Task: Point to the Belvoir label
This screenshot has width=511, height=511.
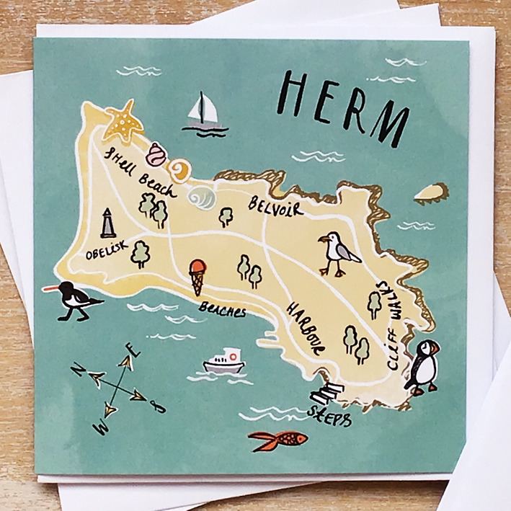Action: pos(275,206)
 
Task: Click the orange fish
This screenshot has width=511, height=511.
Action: pos(279,439)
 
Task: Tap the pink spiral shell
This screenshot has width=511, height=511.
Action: pos(156,154)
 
